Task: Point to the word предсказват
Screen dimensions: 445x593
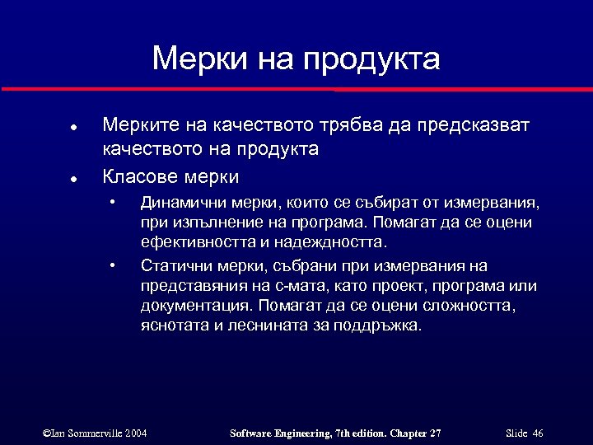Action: point(474,125)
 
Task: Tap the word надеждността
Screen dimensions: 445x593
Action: point(333,243)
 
